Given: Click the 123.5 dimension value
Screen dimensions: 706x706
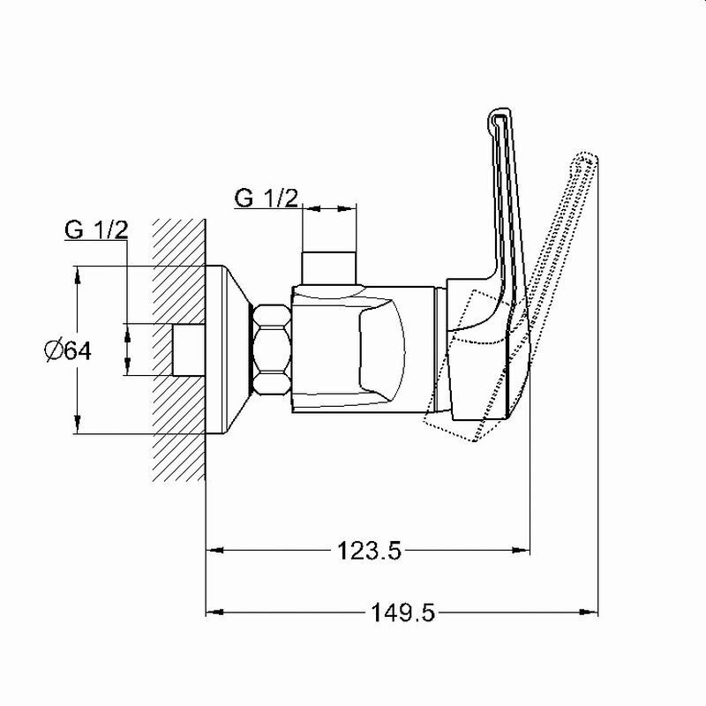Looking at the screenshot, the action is pyautogui.click(x=369, y=550).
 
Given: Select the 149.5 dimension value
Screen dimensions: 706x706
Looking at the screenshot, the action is pyautogui.click(x=402, y=612).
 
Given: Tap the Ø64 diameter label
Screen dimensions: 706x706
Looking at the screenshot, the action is pyautogui.click(x=68, y=350).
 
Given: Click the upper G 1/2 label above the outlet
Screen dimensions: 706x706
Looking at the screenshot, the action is pyautogui.click(x=267, y=198).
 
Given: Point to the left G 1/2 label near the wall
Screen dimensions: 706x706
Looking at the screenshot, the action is pyautogui.click(x=96, y=229).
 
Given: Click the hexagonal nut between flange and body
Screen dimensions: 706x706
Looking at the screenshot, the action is pyautogui.click(x=272, y=350).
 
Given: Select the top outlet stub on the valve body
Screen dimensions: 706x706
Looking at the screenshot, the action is pyautogui.click(x=329, y=268).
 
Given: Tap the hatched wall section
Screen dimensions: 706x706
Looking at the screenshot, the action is pyautogui.click(x=179, y=349).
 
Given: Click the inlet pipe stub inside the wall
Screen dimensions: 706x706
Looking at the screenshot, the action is pyautogui.click(x=189, y=349).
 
